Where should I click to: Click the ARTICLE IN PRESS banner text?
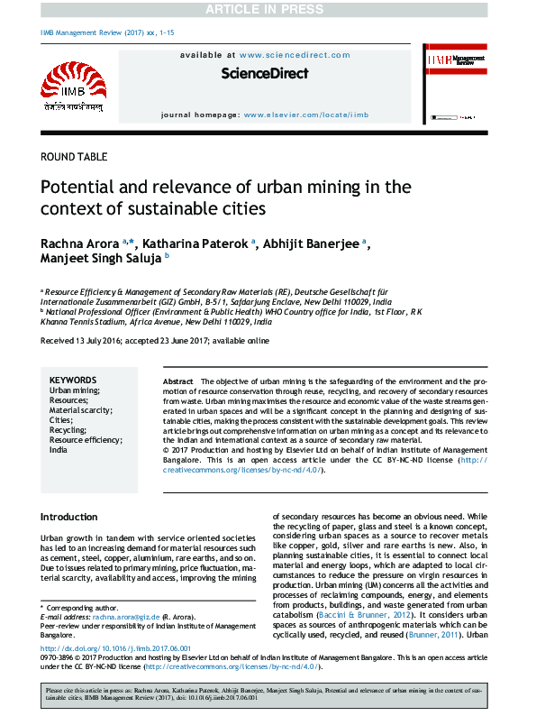268,9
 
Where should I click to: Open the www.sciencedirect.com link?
288,55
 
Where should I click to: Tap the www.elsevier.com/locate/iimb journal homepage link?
306,115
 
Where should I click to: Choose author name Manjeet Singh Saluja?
100,260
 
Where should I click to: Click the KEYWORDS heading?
72,381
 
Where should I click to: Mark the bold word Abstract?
178,381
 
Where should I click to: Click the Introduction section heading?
69,517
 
